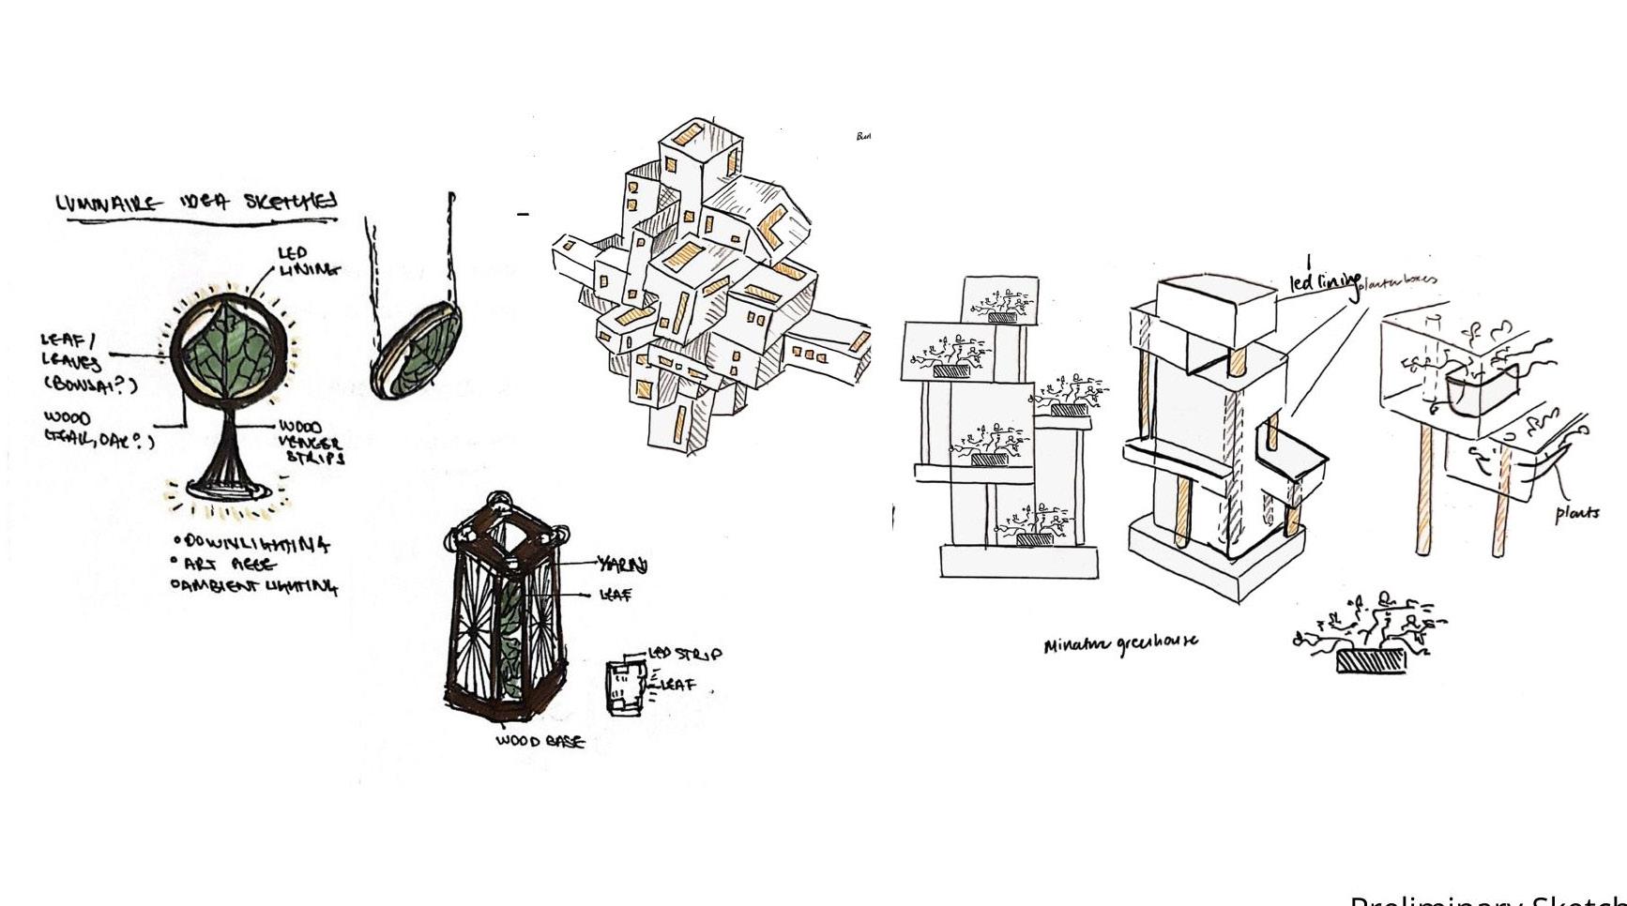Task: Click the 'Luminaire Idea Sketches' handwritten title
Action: (x=196, y=203)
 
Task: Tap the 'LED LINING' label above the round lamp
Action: (x=306, y=262)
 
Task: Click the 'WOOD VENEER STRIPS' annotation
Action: (x=312, y=443)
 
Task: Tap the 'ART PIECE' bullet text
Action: (x=228, y=565)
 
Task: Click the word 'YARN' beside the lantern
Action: (x=623, y=565)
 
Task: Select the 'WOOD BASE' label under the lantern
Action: (x=540, y=741)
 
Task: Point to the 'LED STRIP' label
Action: (x=686, y=654)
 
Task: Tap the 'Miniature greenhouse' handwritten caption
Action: (x=1120, y=643)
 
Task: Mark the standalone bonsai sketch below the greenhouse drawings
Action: (x=1370, y=633)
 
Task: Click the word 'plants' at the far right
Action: (x=1576, y=513)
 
